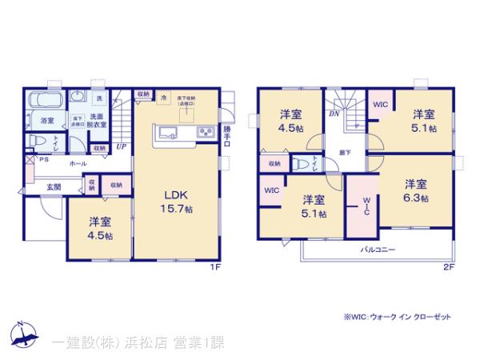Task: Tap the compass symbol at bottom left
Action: [x=22, y=336]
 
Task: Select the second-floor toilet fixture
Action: [x=299, y=165]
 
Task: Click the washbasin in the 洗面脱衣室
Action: [x=78, y=97]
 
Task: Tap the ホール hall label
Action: [x=78, y=163]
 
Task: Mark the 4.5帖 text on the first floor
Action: [x=99, y=237]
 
